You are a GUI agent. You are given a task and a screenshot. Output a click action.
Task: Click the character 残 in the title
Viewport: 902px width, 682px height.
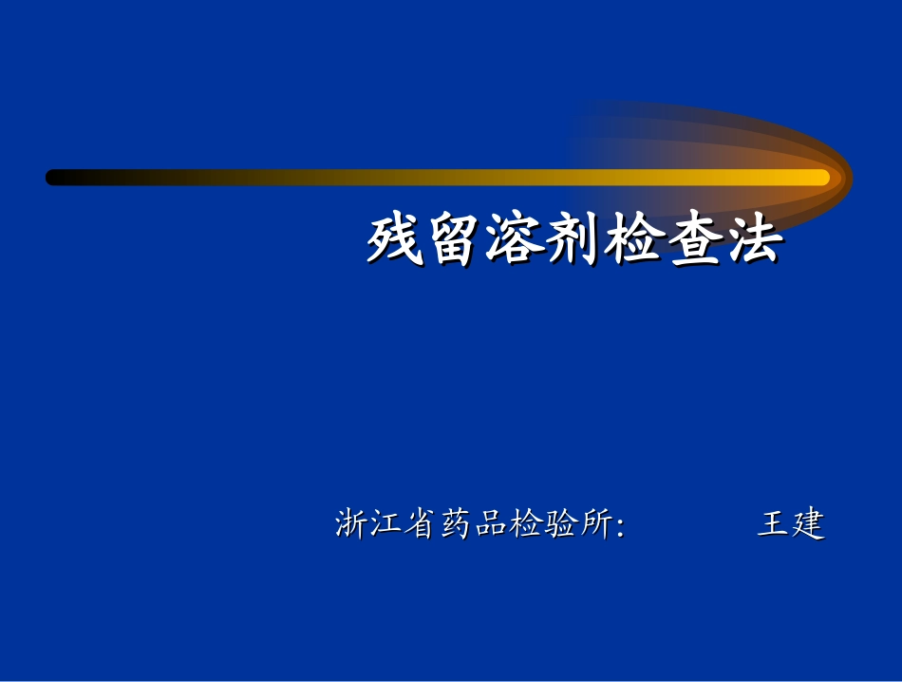click(396, 239)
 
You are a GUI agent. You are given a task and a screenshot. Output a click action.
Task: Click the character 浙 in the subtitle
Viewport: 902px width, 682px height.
click(351, 524)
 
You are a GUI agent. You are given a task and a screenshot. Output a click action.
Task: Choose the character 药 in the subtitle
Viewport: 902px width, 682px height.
click(457, 524)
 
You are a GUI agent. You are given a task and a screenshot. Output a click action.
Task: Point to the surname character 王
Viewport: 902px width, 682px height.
click(774, 524)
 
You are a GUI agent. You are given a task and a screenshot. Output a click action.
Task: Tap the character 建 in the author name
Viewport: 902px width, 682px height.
click(809, 524)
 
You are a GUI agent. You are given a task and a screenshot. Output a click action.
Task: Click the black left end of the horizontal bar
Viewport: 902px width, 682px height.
click(55, 177)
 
